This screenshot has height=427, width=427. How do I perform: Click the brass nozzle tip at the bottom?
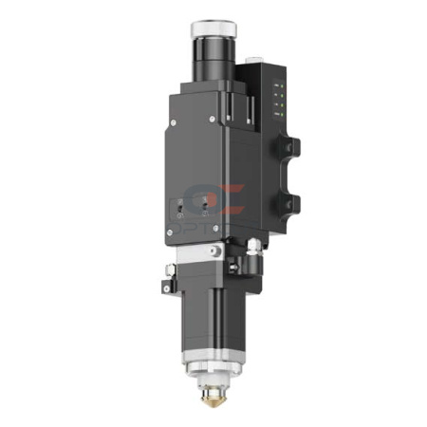click(x=213, y=391)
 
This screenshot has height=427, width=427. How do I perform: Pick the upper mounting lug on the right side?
click(x=290, y=148)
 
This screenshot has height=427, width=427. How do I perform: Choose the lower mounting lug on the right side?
click(x=290, y=201)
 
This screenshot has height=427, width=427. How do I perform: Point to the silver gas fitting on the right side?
click(x=254, y=246)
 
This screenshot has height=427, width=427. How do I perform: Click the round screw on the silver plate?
click(x=217, y=251)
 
